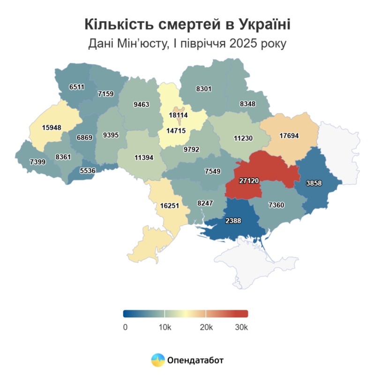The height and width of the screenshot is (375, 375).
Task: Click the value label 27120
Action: (249, 181)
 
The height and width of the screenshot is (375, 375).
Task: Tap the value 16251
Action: (170, 205)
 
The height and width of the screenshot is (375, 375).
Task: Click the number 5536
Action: (87, 171)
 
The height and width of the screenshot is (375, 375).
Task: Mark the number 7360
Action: (277, 205)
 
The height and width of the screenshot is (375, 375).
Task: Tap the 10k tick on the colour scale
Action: (165, 327)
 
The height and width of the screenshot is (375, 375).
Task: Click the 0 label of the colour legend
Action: (125, 327)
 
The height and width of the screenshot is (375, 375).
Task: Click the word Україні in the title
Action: (261, 23)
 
